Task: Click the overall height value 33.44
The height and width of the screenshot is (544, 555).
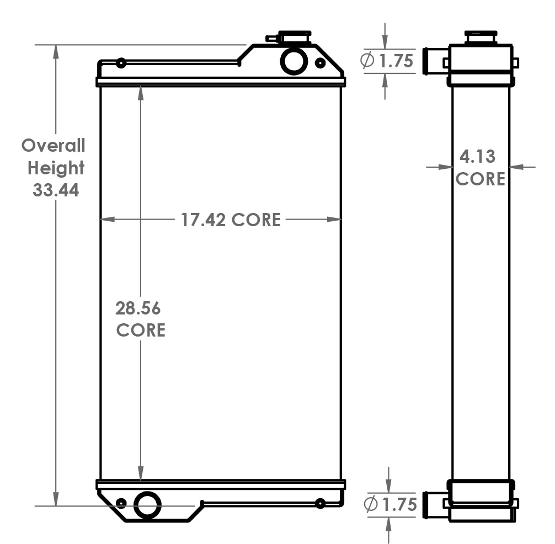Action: (x=56, y=190)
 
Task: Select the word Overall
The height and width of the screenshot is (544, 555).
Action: (x=54, y=146)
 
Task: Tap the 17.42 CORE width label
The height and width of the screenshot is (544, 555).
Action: (x=231, y=220)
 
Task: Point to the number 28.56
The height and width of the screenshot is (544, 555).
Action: (x=137, y=308)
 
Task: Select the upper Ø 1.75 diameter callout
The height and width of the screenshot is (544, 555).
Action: (x=387, y=61)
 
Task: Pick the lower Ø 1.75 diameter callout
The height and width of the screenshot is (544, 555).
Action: (x=390, y=504)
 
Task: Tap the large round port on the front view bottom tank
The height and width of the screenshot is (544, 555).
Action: (x=148, y=504)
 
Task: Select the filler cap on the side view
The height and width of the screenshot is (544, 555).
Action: (x=481, y=37)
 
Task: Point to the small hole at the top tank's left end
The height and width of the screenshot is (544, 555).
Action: (x=121, y=63)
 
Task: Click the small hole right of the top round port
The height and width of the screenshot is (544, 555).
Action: (x=320, y=63)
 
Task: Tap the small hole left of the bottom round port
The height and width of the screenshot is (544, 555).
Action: (x=121, y=503)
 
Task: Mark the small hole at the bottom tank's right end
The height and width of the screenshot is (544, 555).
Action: (x=319, y=503)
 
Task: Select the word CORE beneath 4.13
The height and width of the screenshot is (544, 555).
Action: (x=480, y=179)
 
